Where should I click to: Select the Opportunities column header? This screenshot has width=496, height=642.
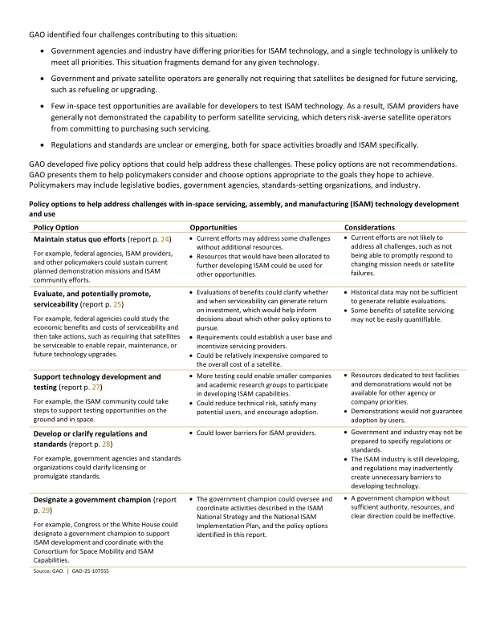pos(213,228)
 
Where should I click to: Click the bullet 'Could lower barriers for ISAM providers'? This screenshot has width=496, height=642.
pos(256,433)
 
